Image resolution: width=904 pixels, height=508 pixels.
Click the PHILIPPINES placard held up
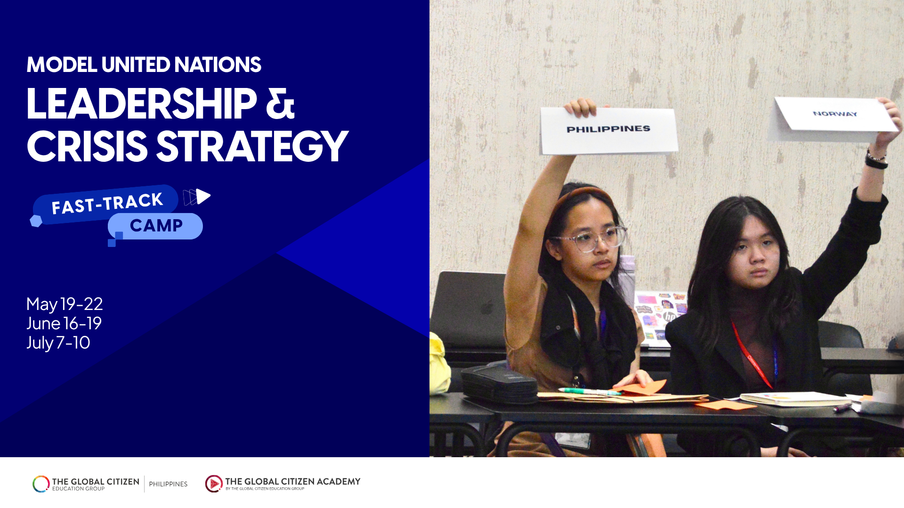point(608,130)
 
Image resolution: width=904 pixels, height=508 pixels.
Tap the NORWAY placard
point(835,114)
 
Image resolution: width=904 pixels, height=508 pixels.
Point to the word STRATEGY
point(252,146)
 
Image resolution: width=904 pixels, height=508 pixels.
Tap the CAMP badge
point(156,226)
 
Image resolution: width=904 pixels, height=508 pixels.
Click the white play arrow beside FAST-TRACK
point(203,196)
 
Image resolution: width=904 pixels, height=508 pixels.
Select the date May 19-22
point(65,304)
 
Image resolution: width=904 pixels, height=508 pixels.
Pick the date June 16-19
point(64,324)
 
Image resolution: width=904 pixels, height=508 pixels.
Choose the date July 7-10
point(58,343)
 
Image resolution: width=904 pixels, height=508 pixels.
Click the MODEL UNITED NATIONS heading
point(144,65)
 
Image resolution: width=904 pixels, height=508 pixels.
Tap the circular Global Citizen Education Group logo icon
point(41,484)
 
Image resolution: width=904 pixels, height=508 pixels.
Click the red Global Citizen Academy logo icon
point(214,484)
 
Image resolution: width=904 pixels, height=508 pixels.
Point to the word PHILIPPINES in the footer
point(168,484)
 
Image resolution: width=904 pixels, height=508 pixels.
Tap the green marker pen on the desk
point(589,391)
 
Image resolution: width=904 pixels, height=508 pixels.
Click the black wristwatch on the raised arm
point(876,161)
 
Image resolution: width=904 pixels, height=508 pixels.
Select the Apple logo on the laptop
point(487,308)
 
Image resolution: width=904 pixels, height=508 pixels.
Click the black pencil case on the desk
point(499,383)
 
